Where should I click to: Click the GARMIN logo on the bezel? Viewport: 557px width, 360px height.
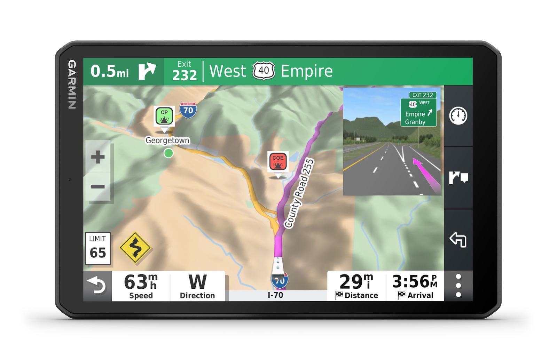pos(72,85)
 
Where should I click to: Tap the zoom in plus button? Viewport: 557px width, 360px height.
pos(98,157)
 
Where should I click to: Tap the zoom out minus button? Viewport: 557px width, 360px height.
pos(98,187)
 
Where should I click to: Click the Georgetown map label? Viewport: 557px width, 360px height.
pos(167,140)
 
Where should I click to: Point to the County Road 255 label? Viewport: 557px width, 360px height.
pos(299,193)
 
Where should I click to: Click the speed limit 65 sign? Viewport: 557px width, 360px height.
pos(98,249)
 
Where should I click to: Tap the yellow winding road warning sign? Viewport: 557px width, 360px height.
pos(135,247)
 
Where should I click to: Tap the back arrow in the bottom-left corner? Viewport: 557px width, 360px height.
pos(97,286)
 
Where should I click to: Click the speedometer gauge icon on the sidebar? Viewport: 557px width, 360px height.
pos(458,116)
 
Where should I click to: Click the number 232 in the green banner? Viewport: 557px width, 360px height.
pos(185,75)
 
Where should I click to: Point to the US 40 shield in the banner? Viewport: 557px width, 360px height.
pos(264,71)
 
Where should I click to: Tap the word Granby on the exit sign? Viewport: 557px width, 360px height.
pos(415,122)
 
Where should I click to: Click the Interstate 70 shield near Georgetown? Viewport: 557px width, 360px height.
pos(188,110)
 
